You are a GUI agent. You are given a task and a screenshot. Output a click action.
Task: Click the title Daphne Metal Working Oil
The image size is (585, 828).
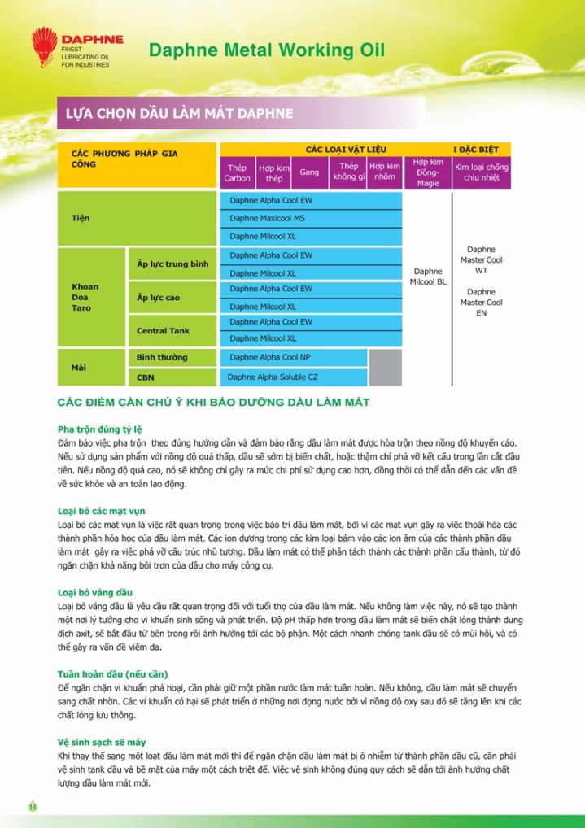click(267, 50)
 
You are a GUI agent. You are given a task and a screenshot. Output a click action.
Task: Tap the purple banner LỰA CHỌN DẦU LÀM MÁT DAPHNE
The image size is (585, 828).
click(179, 113)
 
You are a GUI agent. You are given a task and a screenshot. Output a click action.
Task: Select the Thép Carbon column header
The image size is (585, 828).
click(238, 172)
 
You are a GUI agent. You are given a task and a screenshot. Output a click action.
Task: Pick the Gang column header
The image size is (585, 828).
click(309, 172)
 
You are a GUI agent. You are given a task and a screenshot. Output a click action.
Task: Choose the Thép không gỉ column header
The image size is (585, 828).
click(348, 172)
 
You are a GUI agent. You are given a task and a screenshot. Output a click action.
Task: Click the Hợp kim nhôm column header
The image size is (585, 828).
click(385, 172)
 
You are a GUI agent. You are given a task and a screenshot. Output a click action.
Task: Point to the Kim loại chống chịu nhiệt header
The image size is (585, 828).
click(481, 172)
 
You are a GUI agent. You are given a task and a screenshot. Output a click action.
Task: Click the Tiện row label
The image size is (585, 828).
click(81, 219)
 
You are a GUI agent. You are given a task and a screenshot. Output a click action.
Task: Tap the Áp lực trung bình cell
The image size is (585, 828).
click(172, 264)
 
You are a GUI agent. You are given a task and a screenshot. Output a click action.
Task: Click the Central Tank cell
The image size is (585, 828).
click(163, 331)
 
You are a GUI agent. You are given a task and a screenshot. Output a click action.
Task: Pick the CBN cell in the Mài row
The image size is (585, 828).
click(146, 377)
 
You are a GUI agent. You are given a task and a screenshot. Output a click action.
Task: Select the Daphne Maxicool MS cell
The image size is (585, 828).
click(267, 218)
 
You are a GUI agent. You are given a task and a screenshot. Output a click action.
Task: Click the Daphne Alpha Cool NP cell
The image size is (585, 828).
click(270, 357)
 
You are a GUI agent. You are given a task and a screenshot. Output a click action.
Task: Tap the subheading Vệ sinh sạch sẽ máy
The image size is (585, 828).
click(102, 742)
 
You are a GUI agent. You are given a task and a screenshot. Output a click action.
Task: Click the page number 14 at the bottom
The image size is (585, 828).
click(33, 806)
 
